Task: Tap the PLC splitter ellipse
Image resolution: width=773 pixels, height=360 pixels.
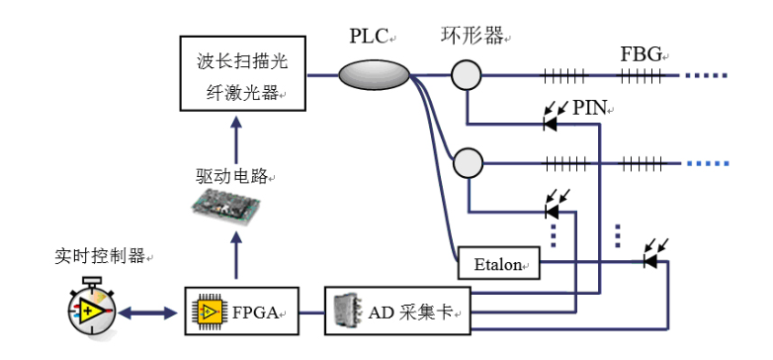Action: [375, 73]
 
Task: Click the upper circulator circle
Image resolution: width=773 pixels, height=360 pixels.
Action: [468, 74]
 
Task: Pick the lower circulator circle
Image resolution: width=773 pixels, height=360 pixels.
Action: [468, 160]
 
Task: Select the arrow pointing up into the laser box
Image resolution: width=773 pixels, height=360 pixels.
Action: [233, 136]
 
